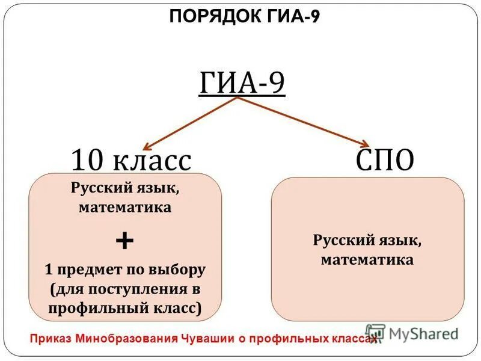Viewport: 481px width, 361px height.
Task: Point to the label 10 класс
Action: click(131, 161)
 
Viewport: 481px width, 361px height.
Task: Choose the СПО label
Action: click(385, 161)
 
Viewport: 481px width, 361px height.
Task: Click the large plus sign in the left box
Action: click(124, 242)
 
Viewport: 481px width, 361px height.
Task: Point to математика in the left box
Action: click(124, 208)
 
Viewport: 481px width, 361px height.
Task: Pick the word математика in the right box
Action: click(367, 260)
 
